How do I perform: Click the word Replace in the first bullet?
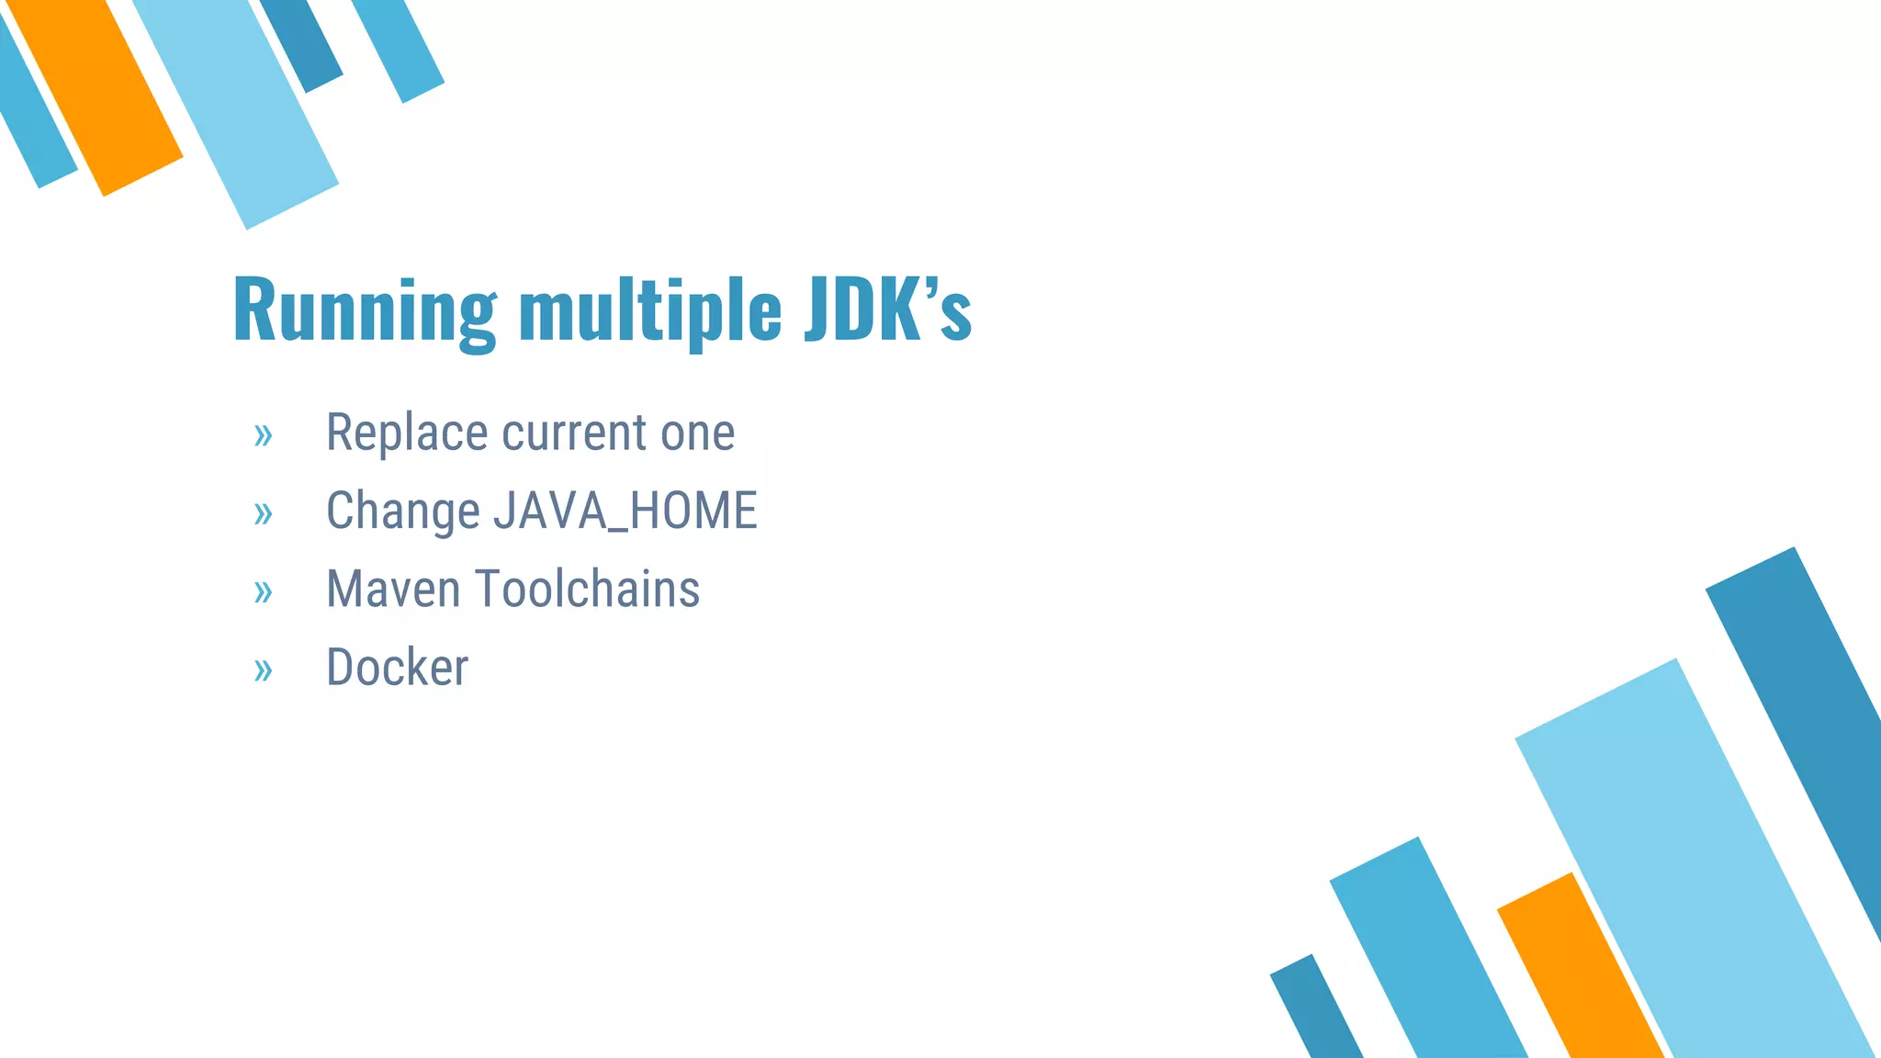point(406,433)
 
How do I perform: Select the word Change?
point(402,512)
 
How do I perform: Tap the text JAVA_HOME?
point(625,511)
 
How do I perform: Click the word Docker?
point(397,668)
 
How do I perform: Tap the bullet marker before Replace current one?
point(263,435)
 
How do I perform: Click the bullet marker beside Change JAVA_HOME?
point(263,513)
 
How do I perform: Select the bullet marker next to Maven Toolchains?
point(263,592)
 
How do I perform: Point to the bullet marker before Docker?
point(263,670)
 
